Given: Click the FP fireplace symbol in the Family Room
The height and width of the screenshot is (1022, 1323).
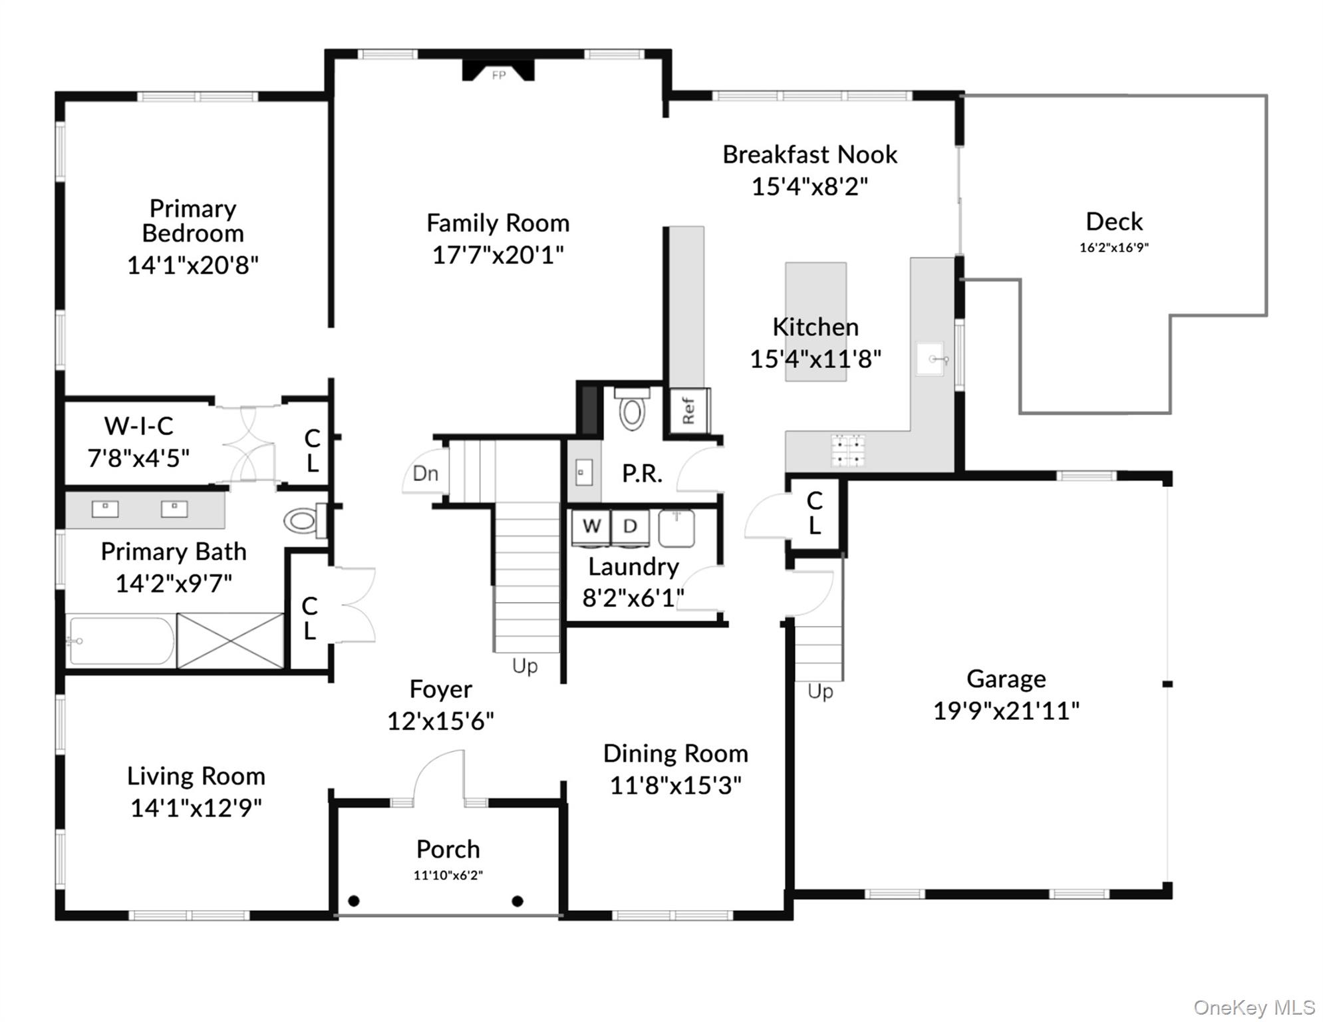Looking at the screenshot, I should coord(498,72).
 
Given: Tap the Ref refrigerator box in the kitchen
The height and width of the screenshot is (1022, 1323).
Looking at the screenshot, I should coord(689,411).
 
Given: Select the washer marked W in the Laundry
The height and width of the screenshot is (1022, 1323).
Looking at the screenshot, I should coord(591,526).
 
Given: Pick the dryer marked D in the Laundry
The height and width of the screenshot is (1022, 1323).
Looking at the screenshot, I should coord(630,526).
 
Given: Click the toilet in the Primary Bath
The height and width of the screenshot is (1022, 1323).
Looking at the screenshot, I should coord(303,520).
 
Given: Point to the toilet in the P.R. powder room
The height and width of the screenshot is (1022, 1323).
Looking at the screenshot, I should coord(632,409).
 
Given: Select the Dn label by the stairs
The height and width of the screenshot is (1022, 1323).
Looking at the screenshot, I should coord(426,474).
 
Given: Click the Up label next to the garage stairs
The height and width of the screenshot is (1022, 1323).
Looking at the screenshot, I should coord(820,692).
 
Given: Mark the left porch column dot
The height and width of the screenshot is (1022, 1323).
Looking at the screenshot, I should coord(354,901).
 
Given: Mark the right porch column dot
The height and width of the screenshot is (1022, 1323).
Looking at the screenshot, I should coord(517,901).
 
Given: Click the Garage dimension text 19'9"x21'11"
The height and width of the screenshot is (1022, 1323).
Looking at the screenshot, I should coord(1006,711).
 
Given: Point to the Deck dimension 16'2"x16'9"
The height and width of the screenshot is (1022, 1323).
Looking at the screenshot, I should coord(1114,248).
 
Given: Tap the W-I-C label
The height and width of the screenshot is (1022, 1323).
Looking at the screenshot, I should coord(138,426).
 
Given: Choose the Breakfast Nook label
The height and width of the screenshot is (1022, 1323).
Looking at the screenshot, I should coord(809,154).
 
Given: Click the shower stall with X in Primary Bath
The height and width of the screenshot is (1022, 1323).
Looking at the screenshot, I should coord(230,640).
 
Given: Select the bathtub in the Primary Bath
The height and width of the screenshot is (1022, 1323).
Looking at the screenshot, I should coord(121,641).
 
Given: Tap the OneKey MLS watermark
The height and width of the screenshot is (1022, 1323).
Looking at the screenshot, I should coord(1254,1007).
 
